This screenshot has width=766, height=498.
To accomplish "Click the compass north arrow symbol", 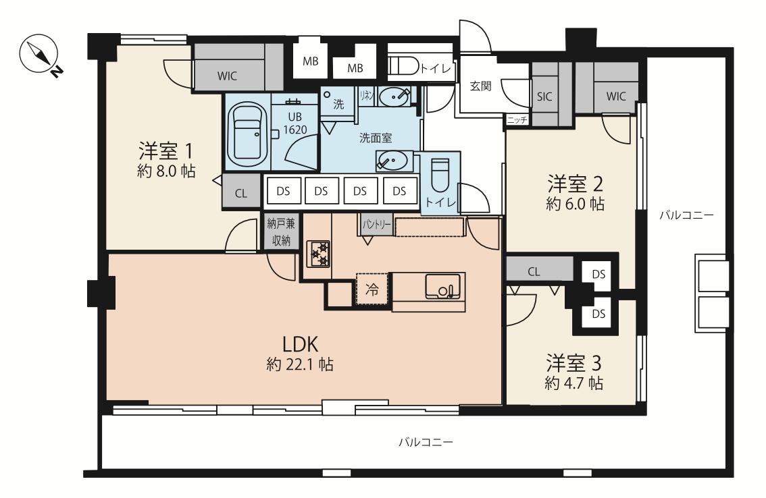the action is pyautogui.click(x=39, y=54).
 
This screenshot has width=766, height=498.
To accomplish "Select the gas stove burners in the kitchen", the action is pyautogui.click(x=318, y=254).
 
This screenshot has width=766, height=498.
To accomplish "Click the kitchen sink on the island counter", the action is pyautogui.click(x=442, y=286).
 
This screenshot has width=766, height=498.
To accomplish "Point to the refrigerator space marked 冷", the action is pyautogui.click(x=372, y=289).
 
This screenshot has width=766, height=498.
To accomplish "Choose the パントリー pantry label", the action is pyautogui.click(x=376, y=224).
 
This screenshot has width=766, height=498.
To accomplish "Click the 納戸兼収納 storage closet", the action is pyautogui.click(x=281, y=232).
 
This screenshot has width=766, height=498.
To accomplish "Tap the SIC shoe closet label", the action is pyautogui.click(x=544, y=96).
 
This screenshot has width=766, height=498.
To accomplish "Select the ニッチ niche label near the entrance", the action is pyautogui.click(x=517, y=119).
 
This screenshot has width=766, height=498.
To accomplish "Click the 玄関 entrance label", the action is pyautogui.click(x=481, y=86).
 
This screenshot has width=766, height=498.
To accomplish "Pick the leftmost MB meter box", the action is pyautogui.click(x=310, y=61).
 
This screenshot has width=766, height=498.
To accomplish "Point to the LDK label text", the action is pyautogui.click(x=301, y=344).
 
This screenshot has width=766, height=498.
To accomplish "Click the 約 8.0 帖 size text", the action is pyautogui.click(x=167, y=171).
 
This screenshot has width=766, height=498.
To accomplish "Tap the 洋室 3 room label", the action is pyautogui.click(x=573, y=363).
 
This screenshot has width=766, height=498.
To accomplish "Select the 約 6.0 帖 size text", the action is pyautogui.click(x=575, y=203).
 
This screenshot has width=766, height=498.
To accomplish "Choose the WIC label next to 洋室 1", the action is pyautogui.click(x=227, y=76).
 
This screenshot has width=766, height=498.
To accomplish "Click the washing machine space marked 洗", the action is pyautogui.click(x=338, y=103).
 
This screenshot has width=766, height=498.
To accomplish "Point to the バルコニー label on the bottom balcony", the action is pyautogui.click(x=426, y=443).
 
